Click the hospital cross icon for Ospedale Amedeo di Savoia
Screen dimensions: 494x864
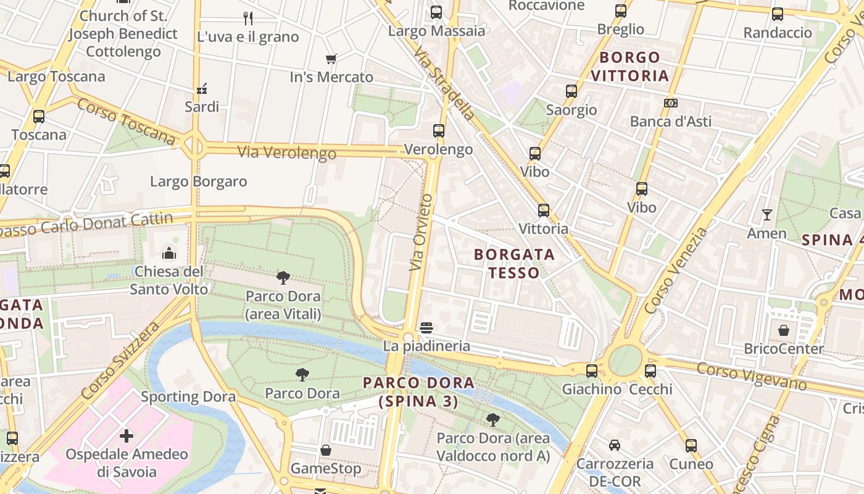click(127, 436)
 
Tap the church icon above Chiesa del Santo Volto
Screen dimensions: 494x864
click(168, 253)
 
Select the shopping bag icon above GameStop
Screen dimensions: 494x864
click(326, 450)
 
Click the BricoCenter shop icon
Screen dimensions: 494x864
click(783, 330)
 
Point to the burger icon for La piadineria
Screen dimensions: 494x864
click(426, 328)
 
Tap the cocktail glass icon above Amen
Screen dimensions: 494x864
click(766, 215)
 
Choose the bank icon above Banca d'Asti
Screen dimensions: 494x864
click(671, 103)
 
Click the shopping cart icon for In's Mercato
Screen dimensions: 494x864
click(331, 59)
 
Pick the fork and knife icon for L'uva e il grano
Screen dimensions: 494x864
click(248, 18)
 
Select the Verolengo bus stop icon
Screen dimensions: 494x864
click(439, 131)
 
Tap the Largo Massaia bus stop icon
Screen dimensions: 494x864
click(436, 12)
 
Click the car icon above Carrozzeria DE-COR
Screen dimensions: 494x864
click(614, 445)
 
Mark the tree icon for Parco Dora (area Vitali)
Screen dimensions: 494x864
click(283, 278)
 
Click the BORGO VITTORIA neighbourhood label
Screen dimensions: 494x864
click(629, 67)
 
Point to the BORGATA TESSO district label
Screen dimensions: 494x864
click(514, 263)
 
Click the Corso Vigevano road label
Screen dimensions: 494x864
click(752, 376)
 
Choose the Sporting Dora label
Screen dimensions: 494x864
click(188, 396)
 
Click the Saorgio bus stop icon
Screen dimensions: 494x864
click(571, 91)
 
